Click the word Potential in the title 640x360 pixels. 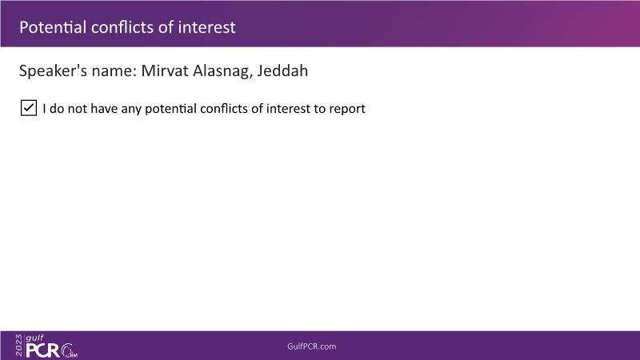53,27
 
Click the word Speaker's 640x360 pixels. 53,71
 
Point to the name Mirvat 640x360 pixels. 165,70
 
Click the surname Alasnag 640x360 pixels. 222,71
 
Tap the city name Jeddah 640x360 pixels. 282,70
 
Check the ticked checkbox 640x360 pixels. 29,108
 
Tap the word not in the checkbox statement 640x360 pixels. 77,109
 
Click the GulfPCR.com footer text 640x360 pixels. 311,346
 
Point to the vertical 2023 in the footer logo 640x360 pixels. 18,346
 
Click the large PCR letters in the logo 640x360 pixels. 43,350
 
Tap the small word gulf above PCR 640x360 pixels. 34,338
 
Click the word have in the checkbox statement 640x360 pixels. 104,109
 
